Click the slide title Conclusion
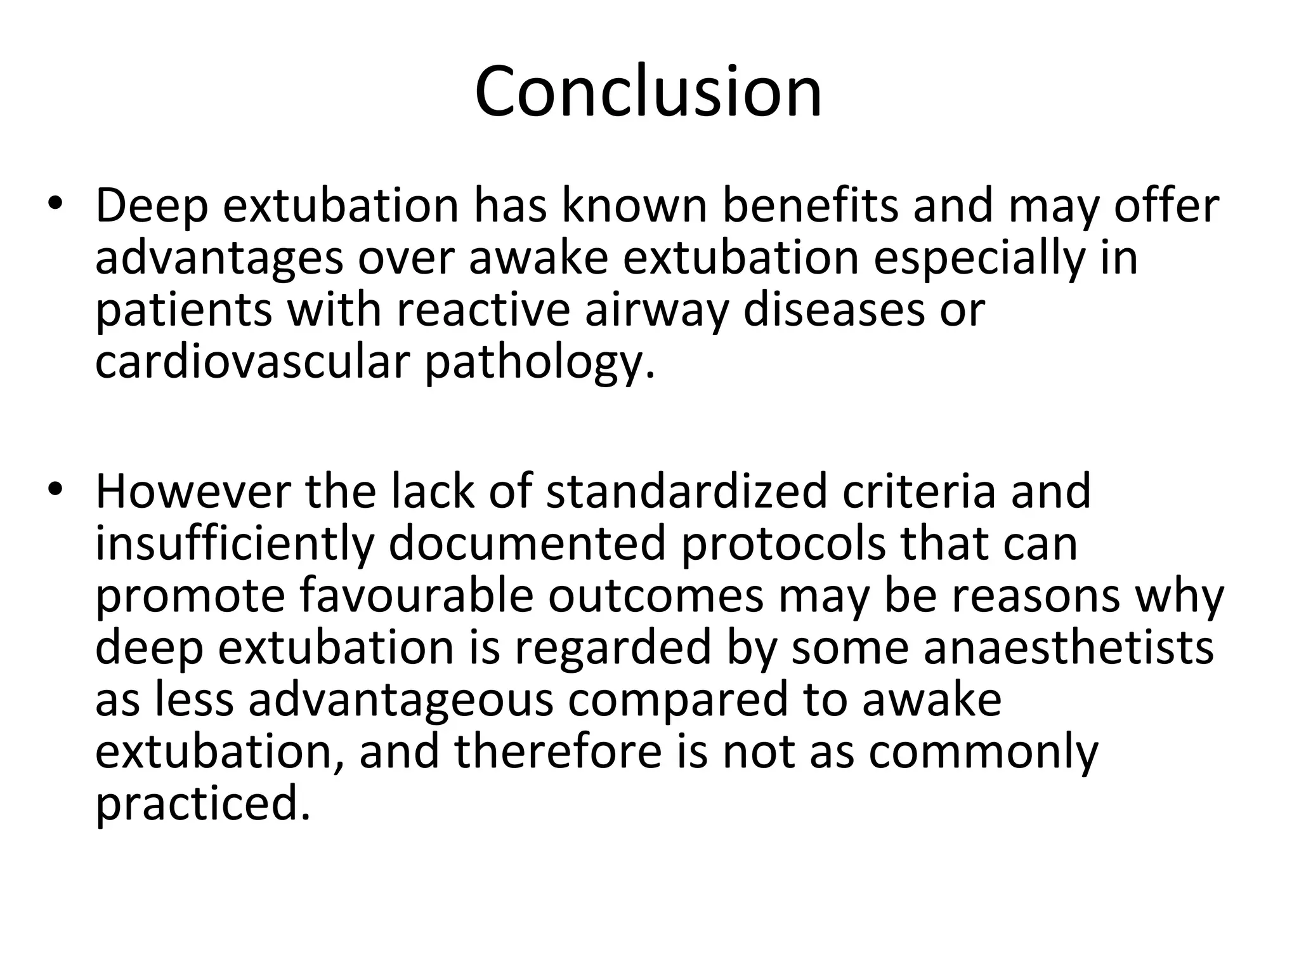click(648, 92)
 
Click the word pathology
click(539, 363)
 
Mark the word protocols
click(783, 543)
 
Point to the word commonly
click(982, 753)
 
